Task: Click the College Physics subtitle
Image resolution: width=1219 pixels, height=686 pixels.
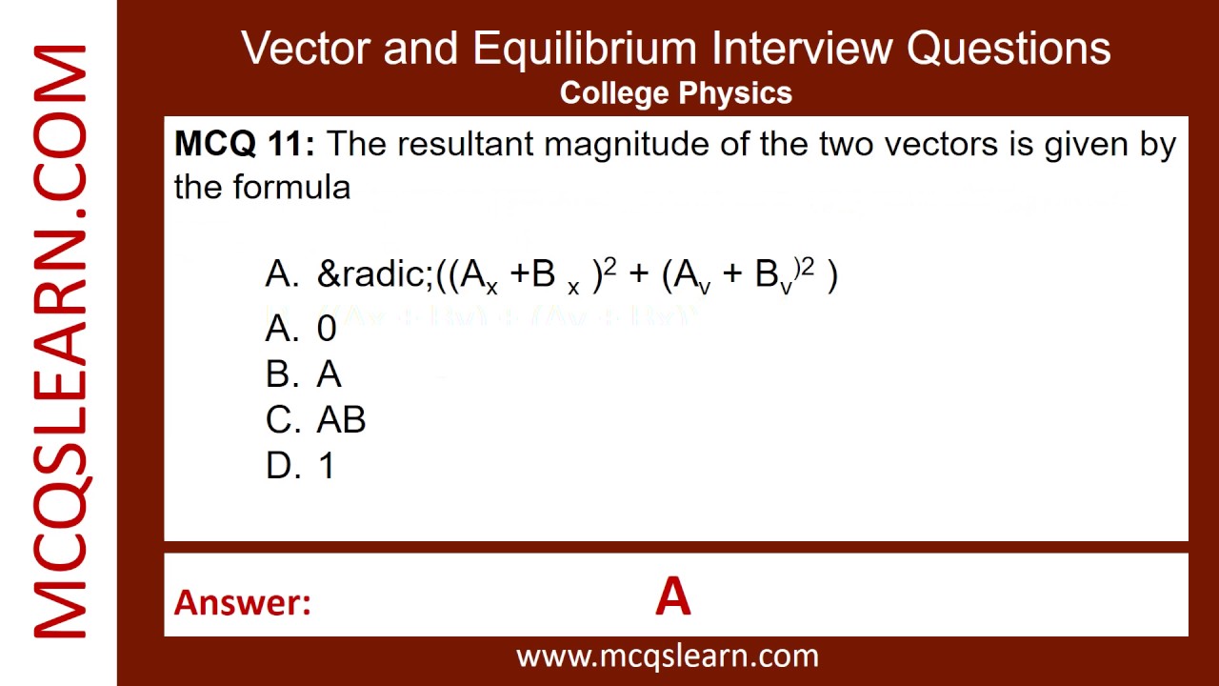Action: (676, 92)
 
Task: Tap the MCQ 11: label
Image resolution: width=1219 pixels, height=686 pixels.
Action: (245, 145)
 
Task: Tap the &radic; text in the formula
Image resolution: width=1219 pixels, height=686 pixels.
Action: (375, 274)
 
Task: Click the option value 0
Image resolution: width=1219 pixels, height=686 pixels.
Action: (327, 329)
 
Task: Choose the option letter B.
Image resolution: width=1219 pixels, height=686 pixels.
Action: (281, 374)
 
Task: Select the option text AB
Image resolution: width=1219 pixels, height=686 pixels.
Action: (341, 420)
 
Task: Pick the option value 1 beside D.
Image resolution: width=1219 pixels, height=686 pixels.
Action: (327, 466)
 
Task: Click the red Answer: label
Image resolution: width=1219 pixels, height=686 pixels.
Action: (243, 602)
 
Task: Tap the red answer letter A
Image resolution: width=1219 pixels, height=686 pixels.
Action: (672, 598)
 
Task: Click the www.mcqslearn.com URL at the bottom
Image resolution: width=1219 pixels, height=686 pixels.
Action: (667, 656)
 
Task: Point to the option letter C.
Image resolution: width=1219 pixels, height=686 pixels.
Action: (281, 420)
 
